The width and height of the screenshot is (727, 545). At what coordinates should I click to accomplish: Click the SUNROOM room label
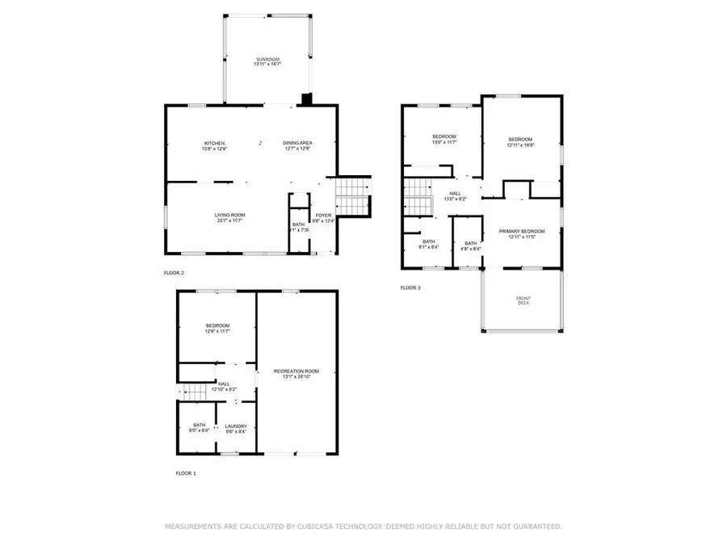tap(267, 60)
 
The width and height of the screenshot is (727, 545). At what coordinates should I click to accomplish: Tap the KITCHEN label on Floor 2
tap(214, 143)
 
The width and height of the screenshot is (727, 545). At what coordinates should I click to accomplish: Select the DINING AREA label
tap(298, 143)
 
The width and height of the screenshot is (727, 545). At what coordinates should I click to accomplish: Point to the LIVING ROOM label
tap(229, 214)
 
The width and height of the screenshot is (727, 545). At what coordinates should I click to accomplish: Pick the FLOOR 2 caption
tap(174, 273)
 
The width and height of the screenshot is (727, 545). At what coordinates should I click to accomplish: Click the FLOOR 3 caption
tap(410, 287)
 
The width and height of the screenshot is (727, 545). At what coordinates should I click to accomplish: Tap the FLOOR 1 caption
tap(186, 473)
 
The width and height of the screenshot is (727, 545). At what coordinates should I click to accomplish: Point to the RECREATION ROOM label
tap(296, 371)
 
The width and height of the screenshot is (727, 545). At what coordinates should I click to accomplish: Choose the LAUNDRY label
tap(235, 426)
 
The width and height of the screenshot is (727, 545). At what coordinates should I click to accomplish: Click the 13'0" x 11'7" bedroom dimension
tap(444, 142)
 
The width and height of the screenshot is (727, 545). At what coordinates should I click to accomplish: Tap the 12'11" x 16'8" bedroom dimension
tap(521, 145)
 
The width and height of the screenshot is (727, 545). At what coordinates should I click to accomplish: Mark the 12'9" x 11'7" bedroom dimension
tap(217, 331)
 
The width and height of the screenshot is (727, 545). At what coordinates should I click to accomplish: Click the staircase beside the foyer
tap(352, 195)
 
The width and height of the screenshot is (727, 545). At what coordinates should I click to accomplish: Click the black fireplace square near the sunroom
tap(306, 99)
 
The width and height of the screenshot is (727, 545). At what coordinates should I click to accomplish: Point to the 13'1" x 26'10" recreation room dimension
tap(296, 377)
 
